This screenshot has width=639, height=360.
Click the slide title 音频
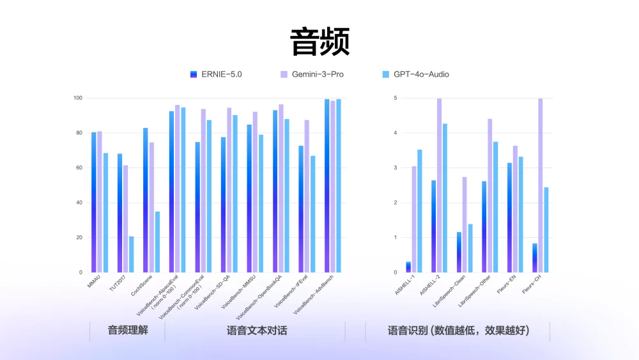coord(319,42)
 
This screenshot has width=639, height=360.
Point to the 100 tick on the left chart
coord(77,98)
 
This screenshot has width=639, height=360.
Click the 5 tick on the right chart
coord(396,98)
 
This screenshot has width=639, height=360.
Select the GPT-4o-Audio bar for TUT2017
coord(132,254)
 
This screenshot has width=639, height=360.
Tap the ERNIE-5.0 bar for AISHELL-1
coord(408,267)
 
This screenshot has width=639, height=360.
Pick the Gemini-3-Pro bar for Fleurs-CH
coord(541,185)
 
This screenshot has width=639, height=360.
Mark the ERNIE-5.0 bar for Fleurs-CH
coord(535,258)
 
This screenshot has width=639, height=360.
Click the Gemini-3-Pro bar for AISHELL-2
coord(439,185)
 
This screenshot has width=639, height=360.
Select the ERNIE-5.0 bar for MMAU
coord(94,202)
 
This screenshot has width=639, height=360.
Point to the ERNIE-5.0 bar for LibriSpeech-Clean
coord(459,252)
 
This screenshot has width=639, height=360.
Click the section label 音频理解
coord(128,331)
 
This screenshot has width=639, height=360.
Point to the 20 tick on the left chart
coord(79,237)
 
